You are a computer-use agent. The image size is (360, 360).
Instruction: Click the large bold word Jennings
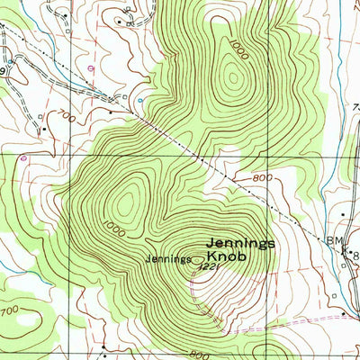[240, 242]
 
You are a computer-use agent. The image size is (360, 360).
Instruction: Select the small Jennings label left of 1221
[170, 259]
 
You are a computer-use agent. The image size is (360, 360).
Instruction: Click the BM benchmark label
[333, 240]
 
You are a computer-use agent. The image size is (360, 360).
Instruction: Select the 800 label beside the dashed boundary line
[262, 178]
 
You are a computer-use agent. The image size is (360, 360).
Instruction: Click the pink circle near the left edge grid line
[23, 157]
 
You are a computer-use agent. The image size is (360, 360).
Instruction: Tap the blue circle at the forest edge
[140, 99]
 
